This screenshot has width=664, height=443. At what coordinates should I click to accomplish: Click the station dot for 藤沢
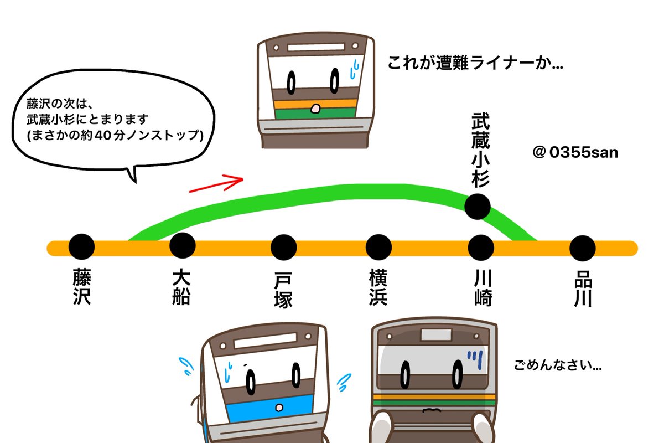click(82, 247)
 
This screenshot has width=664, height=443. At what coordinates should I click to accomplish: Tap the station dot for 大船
click(182, 246)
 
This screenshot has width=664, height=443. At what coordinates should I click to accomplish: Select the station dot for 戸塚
click(283, 247)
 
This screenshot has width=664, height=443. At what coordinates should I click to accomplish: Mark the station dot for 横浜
click(378, 247)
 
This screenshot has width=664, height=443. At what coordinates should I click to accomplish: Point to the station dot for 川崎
click(480, 247)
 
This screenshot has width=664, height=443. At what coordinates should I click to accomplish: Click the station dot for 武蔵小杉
click(477, 207)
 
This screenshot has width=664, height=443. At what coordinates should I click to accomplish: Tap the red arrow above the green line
click(217, 184)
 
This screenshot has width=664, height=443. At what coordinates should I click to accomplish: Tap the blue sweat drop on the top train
click(355, 70)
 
